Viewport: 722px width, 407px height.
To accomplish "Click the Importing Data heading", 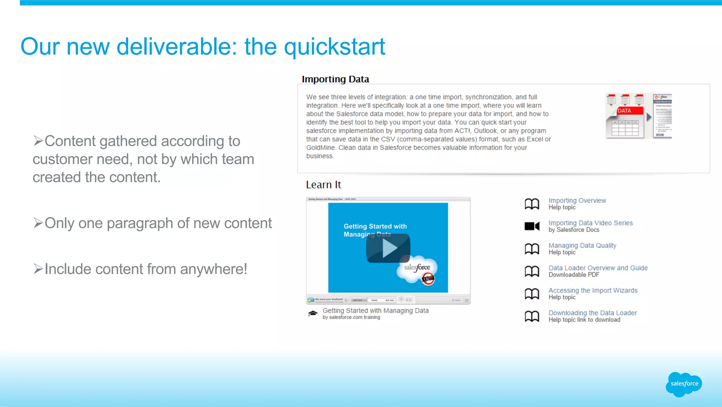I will point(335,79).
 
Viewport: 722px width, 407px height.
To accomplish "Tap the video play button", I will point(388,248).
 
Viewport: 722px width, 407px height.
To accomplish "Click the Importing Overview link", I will point(577,200).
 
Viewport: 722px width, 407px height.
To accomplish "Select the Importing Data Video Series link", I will point(591,223).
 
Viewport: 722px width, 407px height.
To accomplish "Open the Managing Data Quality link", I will point(582,245).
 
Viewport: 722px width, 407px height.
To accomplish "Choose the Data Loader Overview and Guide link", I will point(598,268).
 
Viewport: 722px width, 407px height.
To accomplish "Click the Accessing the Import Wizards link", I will point(593,291).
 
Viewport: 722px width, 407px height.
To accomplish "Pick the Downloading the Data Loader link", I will point(593,313).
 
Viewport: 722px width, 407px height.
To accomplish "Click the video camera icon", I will point(532,226).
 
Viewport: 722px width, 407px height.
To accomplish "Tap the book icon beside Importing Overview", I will point(532,204).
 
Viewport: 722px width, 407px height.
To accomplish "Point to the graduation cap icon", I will point(313,313).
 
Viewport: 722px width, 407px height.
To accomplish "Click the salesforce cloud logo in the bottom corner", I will point(684,384).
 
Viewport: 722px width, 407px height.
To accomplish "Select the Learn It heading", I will point(323,185).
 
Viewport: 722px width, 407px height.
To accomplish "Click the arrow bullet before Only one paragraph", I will point(38,223).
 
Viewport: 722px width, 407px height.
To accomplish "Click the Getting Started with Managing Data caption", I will point(375,311).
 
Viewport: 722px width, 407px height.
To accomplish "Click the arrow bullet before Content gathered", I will point(38,141).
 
